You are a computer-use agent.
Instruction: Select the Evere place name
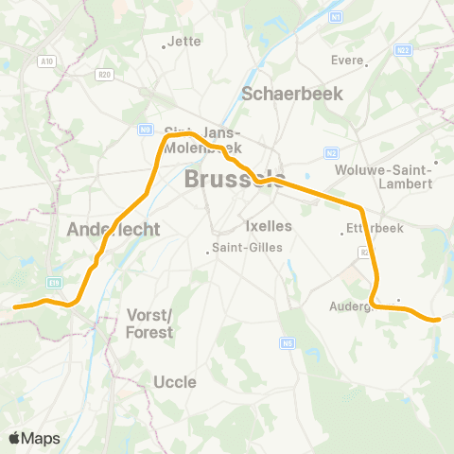tap(347, 60)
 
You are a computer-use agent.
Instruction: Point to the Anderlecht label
tap(114, 229)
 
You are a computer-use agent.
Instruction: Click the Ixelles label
tap(269, 227)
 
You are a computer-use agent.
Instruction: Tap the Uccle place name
tap(174, 382)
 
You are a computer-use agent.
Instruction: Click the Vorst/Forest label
tap(149, 323)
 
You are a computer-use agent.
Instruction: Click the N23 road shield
tap(402, 50)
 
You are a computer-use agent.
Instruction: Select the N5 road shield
tap(288, 342)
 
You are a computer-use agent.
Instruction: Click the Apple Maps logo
tap(34, 438)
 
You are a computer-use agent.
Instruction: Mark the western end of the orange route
tap(15, 306)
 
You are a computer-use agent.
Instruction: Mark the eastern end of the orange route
tap(439, 320)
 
